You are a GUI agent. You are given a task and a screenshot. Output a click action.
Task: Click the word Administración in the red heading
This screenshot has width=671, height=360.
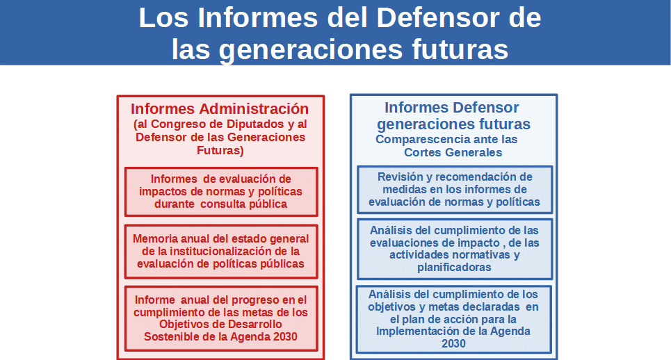(254, 108)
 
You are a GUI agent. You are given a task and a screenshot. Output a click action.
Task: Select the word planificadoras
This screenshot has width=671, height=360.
(455, 268)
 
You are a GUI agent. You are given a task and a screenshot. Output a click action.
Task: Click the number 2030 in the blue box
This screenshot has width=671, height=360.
(453, 343)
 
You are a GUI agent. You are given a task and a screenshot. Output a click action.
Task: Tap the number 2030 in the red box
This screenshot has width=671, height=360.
(285, 336)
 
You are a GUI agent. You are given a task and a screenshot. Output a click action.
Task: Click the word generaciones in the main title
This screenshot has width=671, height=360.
(311, 49)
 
